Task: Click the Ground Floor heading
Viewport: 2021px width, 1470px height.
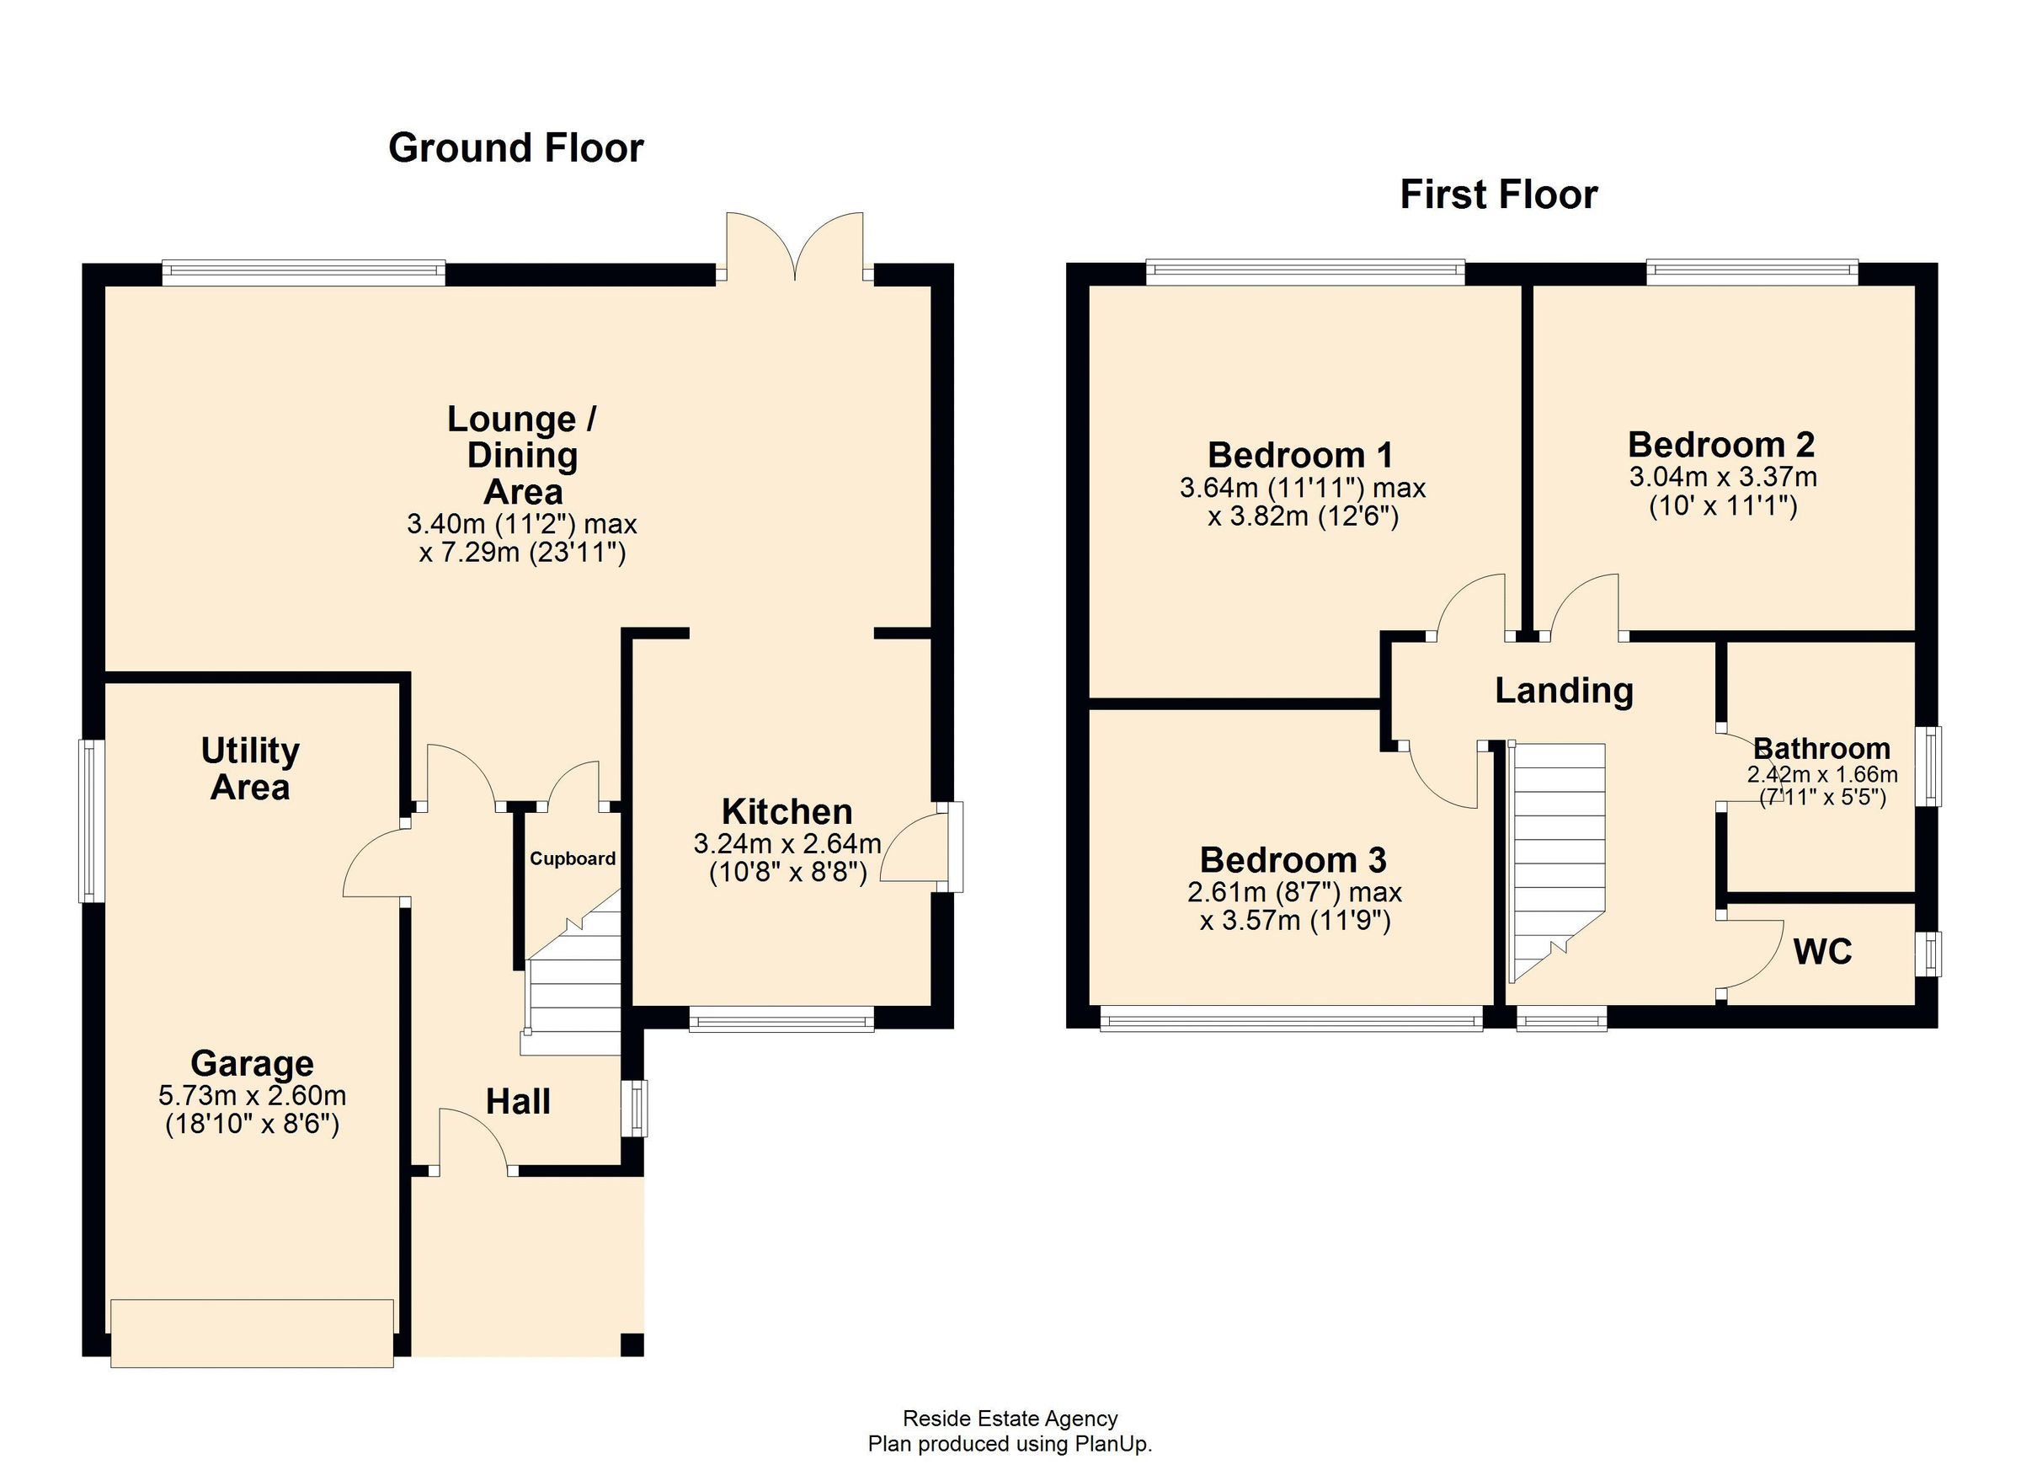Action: click(515, 148)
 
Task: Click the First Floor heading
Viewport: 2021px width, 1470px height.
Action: click(1498, 195)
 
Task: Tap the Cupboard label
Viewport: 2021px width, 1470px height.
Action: click(572, 858)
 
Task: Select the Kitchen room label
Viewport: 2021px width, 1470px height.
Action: click(787, 812)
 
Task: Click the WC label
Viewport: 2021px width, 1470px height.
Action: click(1822, 952)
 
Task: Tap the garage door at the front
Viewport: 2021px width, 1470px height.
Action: click(251, 1332)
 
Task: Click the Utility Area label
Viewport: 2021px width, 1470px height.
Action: click(250, 769)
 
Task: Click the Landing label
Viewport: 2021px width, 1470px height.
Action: click(1564, 691)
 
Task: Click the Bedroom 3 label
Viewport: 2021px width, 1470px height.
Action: click(1293, 860)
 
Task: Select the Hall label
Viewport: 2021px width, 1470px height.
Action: click(518, 1103)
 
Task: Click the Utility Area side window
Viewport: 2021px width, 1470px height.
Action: click(91, 821)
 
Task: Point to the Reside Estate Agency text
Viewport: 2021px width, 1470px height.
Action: click(1010, 1419)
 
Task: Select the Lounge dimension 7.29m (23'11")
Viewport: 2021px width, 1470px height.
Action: click(522, 553)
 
